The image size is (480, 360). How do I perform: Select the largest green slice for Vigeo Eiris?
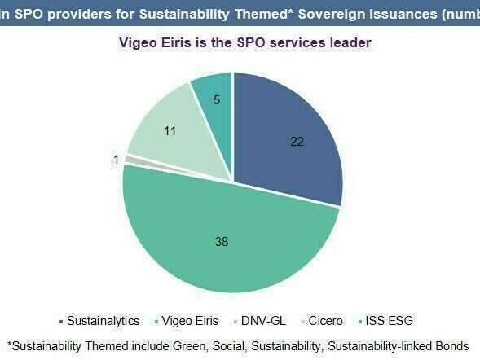click(228, 236)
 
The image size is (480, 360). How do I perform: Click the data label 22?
click(297, 141)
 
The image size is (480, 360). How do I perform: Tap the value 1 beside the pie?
click(117, 160)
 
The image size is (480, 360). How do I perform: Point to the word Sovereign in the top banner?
click(323, 11)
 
